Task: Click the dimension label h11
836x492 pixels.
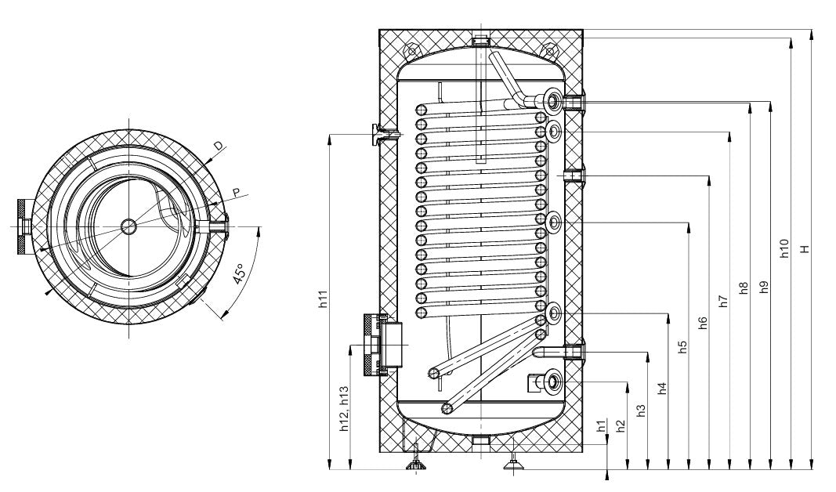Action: click(x=323, y=298)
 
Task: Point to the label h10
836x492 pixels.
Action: click(x=784, y=249)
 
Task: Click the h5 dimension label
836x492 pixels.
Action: click(x=682, y=347)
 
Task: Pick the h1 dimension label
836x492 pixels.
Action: click(x=601, y=426)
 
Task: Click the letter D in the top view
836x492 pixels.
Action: click(x=219, y=145)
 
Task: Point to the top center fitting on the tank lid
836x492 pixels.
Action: click(x=480, y=39)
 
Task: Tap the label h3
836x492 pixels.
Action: click(x=641, y=410)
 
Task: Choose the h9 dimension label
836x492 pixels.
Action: click(x=764, y=287)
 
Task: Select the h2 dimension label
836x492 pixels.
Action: click(x=621, y=425)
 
